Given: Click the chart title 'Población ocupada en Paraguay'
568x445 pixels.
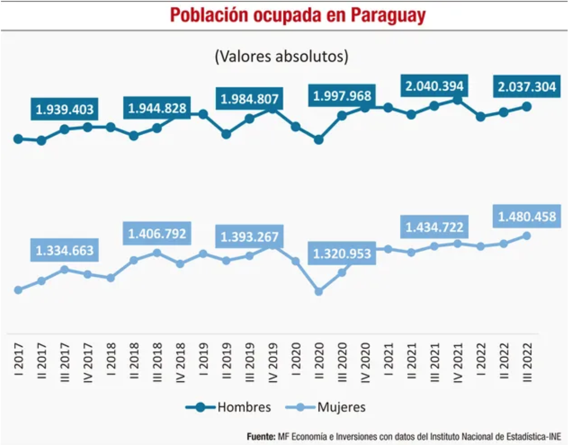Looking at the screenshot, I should pyautogui.click(x=298, y=15).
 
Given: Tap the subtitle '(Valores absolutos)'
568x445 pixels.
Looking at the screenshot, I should pyautogui.click(x=281, y=56).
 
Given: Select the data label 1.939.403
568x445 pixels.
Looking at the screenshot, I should pyautogui.click(x=65, y=109).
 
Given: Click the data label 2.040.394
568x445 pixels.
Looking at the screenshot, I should pyautogui.click(x=434, y=86).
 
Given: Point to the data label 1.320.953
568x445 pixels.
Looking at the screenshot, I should pyautogui.click(x=342, y=253).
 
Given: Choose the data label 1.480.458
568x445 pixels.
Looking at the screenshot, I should pyautogui.click(x=527, y=216).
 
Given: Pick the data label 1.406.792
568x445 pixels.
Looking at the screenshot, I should pyautogui.click(x=157, y=234).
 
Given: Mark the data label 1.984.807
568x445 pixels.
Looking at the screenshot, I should pyautogui.click(x=250, y=99).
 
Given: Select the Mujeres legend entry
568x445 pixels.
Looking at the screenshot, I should pyautogui.click(x=326, y=407).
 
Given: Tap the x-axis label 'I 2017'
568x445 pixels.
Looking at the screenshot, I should pyautogui.click(x=18, y=359).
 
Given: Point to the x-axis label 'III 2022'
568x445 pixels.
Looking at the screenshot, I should pyautogui.click(x=527, y=362).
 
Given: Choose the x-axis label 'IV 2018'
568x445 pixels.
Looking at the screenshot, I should pyautogui.click(x=181, y=362).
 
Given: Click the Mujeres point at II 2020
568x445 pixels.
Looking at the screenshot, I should pyautogui.click(x=319, y=291).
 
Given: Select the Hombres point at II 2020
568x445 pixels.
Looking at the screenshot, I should pyautogui.click(x=319, y=140).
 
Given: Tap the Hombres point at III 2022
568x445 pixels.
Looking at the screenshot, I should pyautogui.click(x=527, y=106).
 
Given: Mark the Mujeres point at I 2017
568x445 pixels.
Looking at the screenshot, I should pyautogui.click(x=18, y=290).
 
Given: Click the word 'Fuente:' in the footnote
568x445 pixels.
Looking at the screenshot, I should pyautogui.click(x=261, y=436).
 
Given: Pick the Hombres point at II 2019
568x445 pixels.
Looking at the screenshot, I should pyautogui.click(x=226, y=134).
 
